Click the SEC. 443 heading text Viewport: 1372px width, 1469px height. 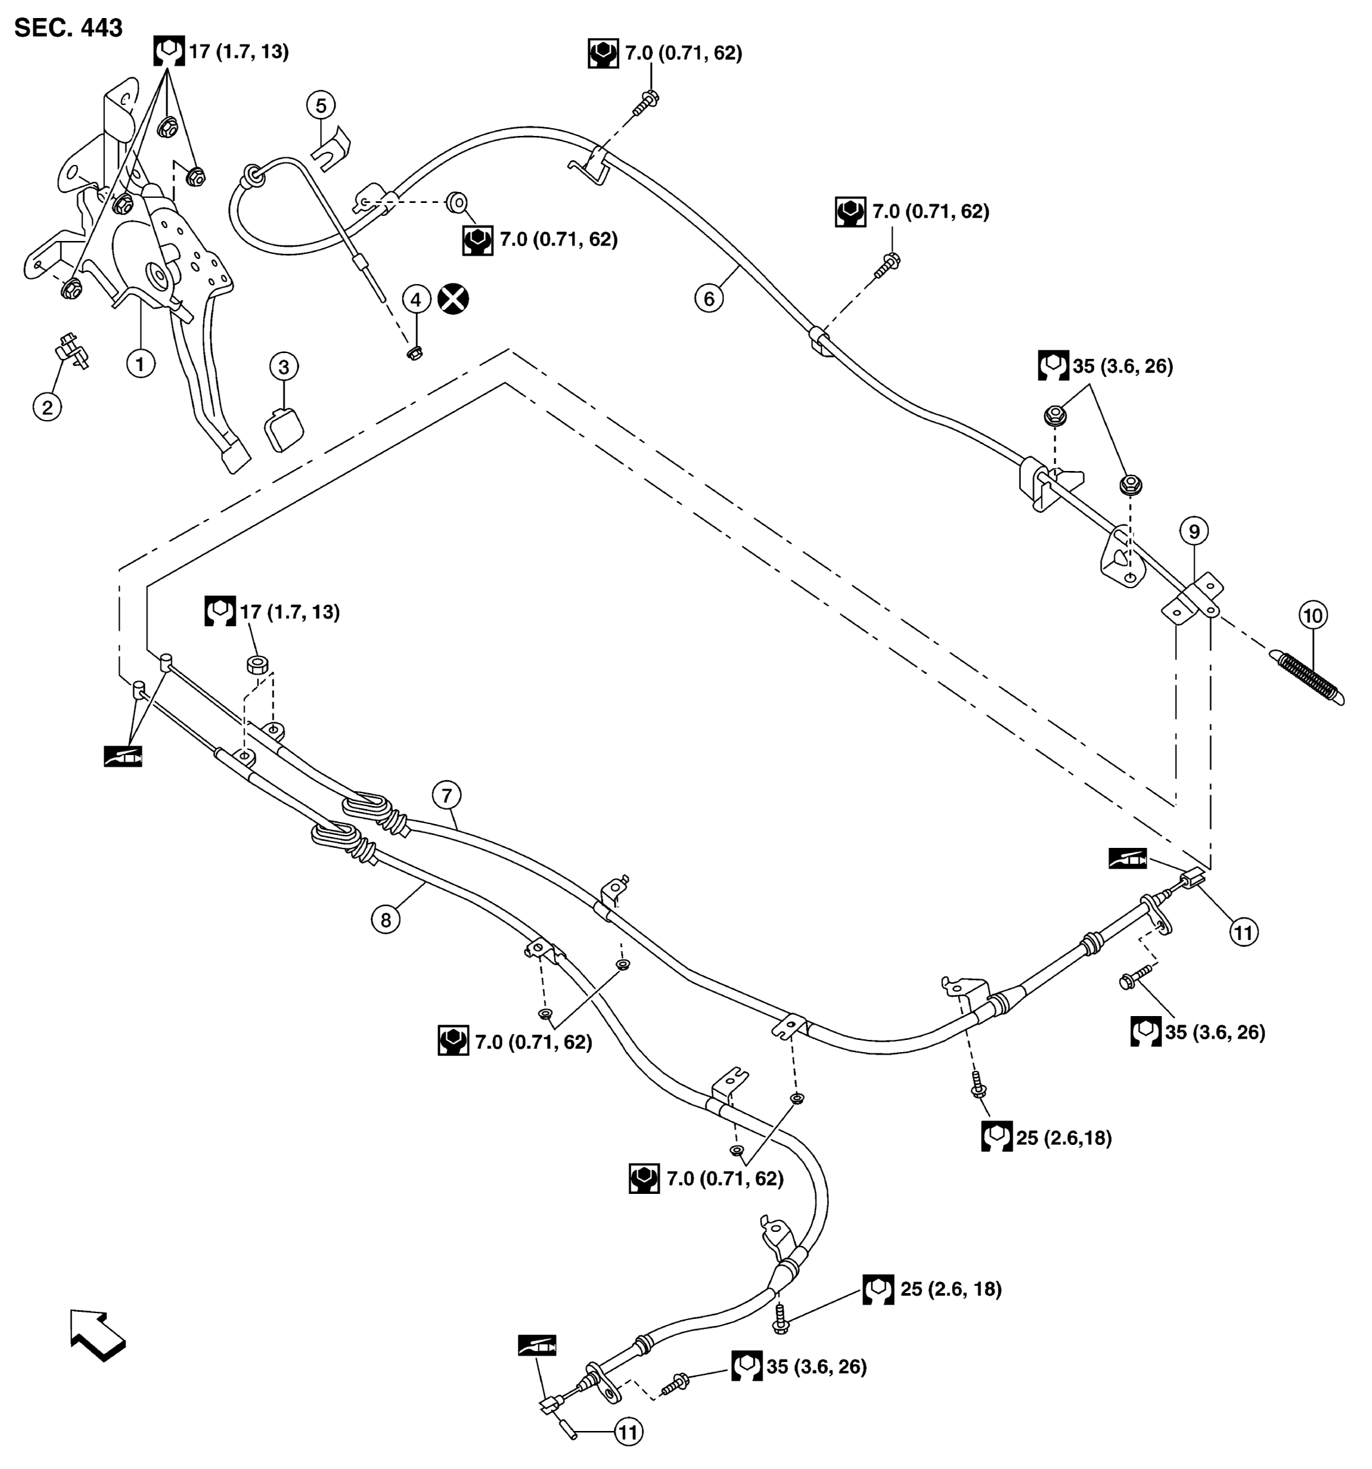click(68, 27)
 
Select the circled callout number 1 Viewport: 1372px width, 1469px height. click(140, 363)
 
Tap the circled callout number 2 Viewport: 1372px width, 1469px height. click(47, 407)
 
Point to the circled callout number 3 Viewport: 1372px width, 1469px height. click(283, 367)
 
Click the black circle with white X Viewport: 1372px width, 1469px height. click(453, 299)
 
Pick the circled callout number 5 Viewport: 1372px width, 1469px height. click(321, 106)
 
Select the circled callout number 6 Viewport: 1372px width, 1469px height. click(709, 298)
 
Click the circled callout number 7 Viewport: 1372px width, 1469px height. click(446, 796)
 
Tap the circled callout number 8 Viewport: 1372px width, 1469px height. click(386, 920)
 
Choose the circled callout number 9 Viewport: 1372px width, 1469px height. click(1194, 532)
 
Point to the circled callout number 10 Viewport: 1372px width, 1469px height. click(1313, 615)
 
